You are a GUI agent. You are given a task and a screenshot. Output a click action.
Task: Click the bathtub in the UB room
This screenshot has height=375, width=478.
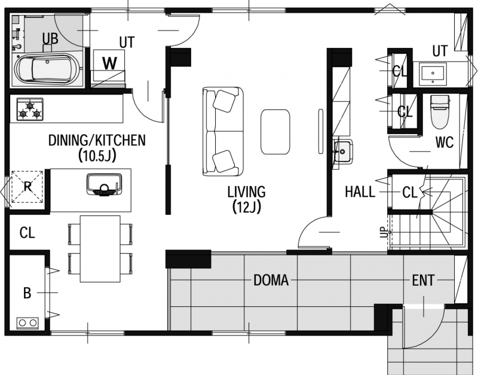tap(49, 69)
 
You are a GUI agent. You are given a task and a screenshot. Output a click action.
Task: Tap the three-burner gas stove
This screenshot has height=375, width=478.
tap(29, 109)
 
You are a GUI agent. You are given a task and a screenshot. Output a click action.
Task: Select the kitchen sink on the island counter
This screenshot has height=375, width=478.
tap(104, 184)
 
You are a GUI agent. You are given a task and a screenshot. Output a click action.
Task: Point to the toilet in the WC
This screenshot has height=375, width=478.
tap(440, 112)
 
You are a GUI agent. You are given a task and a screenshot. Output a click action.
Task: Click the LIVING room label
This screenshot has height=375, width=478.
tap(247, 192)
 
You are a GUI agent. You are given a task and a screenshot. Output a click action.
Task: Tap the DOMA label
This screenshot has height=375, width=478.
tap(271, 280)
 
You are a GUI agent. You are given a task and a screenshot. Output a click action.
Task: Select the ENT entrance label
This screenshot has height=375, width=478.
tap(423, 280)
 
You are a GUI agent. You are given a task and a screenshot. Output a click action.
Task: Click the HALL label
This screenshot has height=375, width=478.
tap(360, 192)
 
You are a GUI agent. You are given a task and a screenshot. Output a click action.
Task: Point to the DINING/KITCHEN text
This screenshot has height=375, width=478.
tap(97, 141)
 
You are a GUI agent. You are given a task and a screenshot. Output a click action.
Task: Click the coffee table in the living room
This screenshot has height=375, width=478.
tap(275, 132)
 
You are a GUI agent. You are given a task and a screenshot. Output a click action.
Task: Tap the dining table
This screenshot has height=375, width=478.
tap(100, 249)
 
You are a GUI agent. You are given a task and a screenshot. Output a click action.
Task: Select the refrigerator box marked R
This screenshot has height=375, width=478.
tap(27, 187)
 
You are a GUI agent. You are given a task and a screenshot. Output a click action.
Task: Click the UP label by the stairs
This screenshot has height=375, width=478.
tap(384, 233)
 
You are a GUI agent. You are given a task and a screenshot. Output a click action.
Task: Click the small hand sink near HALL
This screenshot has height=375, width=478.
tap(343, 152)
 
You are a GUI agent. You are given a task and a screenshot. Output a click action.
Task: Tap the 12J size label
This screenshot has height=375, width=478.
tap(247, 208)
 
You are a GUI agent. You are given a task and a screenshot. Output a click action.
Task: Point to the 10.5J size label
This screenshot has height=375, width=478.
tap(97, 156)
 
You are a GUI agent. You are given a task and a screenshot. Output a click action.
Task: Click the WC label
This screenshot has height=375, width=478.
tap(445, 142)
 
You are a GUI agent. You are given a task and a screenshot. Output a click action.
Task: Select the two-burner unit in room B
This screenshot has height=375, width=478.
tap(27, 323)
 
